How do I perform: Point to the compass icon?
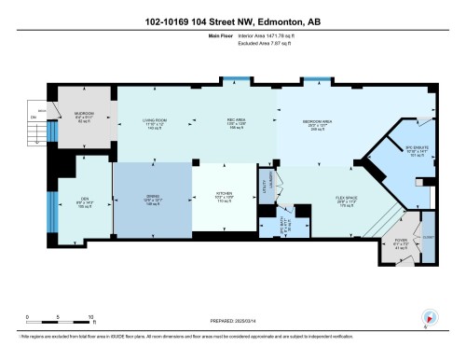(x=429, y=317)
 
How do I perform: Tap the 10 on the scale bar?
(x=89, y=316)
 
